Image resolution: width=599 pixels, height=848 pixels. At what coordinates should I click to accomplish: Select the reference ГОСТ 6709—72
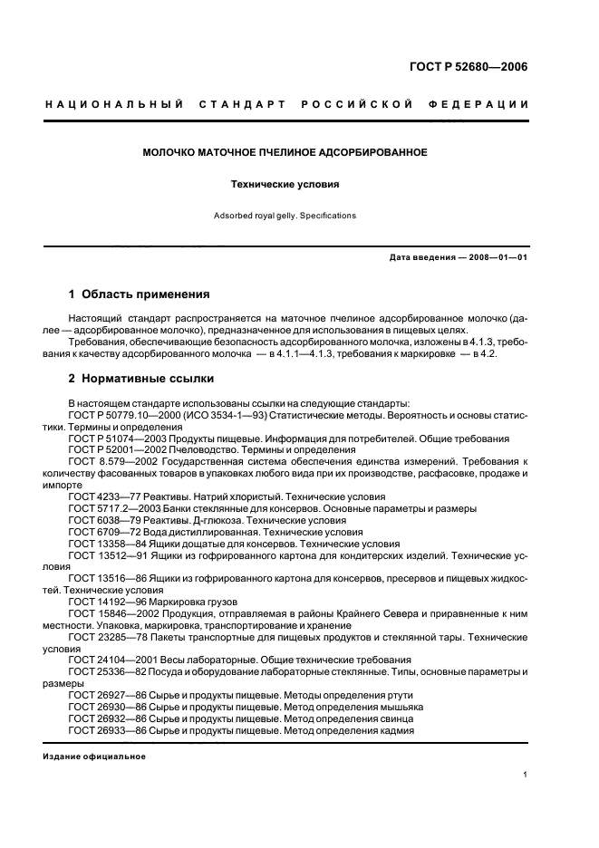(99, 532)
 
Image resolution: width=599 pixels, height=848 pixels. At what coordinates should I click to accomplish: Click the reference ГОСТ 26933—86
(101, 730)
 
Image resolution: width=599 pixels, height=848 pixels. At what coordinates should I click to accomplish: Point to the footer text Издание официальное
(94, 756)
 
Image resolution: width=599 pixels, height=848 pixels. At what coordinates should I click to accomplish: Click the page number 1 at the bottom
(527, 775)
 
